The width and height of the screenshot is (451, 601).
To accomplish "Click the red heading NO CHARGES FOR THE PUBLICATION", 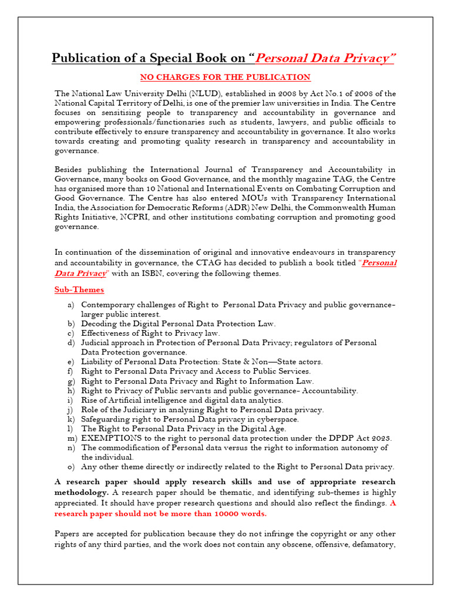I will point(225,77).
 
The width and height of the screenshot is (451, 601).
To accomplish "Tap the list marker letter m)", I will point(72,438).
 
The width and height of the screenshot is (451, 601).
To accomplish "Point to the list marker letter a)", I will point(72,305).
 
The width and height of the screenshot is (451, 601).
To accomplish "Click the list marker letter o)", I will point(72,467).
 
